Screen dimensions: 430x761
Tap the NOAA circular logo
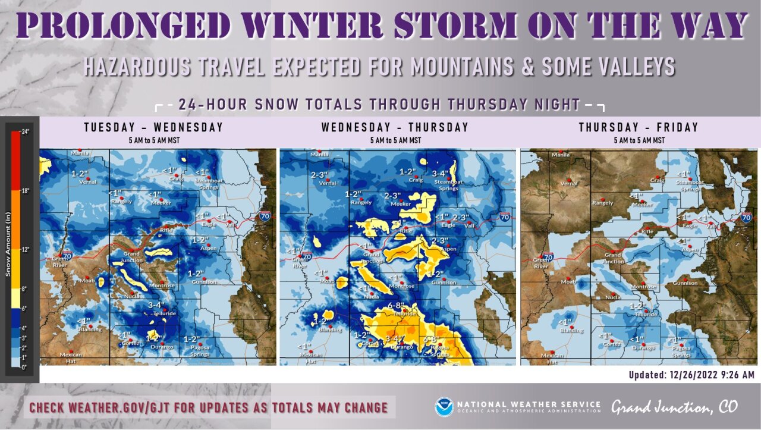pyautogui.click(x=444, y=407)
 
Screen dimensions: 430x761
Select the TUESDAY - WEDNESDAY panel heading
pyautogui.click(x=153, y=127)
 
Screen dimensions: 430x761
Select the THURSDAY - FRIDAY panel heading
pyautogui.click(x=639, y=127)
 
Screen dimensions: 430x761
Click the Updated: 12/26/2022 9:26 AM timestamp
pyautogui.click(x=691, y=375)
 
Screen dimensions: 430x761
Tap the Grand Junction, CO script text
pyautogui.click(x=674, y=407)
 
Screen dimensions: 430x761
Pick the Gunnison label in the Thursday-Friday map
pyautogui.click(x=685, y=283)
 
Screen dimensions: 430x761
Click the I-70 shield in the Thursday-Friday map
pyautogui.click(x=746, y=218)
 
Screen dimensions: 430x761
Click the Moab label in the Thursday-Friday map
pyautogui.click(x=568, y=281)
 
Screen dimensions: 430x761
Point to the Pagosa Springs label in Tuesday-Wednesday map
pyautogui.click(x=200, y=350)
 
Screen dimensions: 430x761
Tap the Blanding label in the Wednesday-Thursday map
pyautogui.click(x=330, y=329)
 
